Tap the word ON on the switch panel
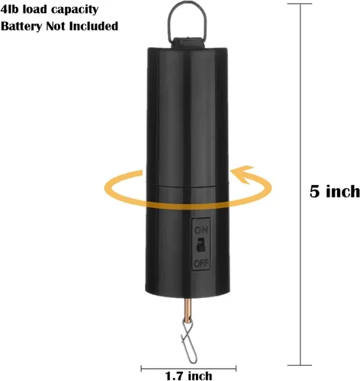[x=201, y=230]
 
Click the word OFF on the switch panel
[x=201, y=264]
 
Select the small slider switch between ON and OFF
[x=201, y=245]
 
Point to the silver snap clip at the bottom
[x=188, y=341]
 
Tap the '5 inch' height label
[x=335, y=191]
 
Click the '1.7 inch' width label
[x=188, y=376]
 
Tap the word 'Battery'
[x=21, y=27]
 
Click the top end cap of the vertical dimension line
[x=300, y=4]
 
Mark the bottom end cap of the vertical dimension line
[x=300, y=365]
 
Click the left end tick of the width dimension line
[x=141, y=368]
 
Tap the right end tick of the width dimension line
[x=236, y=368]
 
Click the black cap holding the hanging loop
[x=188, y=43]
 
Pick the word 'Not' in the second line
[x=56, y=26]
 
